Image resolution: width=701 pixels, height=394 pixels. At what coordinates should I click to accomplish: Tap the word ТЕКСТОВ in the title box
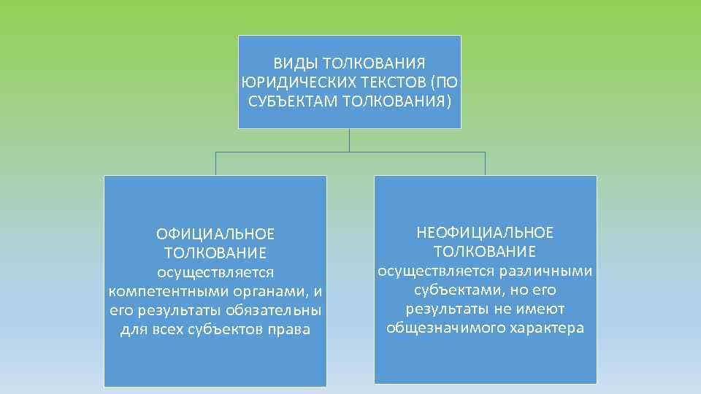pyautogui.click(x=388, y=82)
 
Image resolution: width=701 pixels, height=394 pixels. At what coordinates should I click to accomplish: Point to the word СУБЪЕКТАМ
pyautogui.click(x=291, y=100)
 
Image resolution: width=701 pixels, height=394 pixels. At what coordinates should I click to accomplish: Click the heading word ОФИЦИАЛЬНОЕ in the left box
pyautogui.click(x=215, y=234)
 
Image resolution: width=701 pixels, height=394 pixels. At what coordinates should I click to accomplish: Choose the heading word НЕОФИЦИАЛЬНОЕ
pyautogui.click(x=485, y=233)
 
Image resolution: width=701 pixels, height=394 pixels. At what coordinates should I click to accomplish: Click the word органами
pyautogui.click(x=275, y=291)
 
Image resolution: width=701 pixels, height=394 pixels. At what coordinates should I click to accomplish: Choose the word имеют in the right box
pyautogui.click(x=544, y=309)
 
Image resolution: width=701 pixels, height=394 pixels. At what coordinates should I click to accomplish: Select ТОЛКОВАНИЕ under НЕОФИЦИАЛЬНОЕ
pyautogui.click(x=485, y=252)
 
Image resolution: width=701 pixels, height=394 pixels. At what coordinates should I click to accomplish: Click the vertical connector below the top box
pyautogui.click(x=350, y=140)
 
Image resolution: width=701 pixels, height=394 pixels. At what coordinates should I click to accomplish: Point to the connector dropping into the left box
pyautogui.click(x=215, y=163)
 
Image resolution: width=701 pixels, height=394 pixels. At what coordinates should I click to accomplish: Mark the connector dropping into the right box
pyautogui.click(x=485, y=163)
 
